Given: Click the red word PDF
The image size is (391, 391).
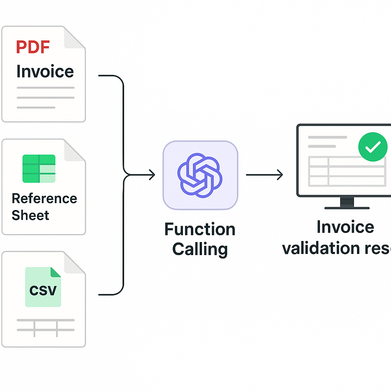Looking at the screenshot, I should coord(33,47).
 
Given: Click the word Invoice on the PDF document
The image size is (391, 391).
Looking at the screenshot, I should coord(45,71).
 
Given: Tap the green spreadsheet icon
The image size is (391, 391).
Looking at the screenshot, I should coord(39,168).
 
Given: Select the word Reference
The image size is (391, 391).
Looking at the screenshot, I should coord(44,199).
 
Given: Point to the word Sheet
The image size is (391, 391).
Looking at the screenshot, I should coord(30,215).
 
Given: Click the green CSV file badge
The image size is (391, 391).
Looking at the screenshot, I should coord(43,287).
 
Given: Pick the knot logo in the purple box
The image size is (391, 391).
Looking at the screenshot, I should coord(200,175).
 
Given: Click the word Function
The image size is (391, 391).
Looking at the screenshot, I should coord(200,229).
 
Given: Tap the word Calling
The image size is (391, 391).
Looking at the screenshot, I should coord(200,249).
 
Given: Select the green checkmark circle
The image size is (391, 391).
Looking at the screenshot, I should coord(373,147).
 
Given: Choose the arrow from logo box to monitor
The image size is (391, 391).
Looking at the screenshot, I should coord(264,175).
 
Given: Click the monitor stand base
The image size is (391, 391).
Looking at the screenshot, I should coord(347,207).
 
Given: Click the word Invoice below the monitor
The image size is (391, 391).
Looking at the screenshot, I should coord(345,227).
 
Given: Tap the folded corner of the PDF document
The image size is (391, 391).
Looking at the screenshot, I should coord(74,38).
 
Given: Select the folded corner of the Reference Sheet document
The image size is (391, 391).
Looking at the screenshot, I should coord(74,150).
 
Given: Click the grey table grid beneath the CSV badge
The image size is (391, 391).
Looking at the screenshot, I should coord(45,328).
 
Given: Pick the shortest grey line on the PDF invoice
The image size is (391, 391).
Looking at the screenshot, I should coord(36,107).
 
